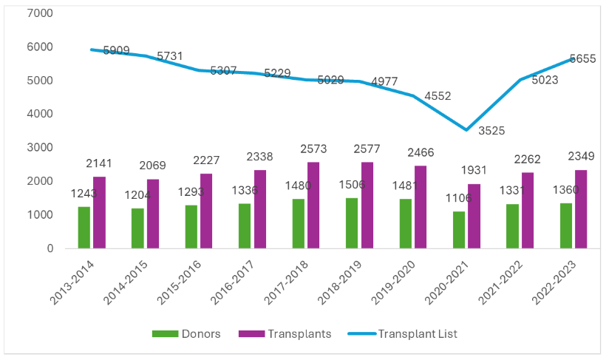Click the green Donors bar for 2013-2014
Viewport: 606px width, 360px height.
coord(84,228)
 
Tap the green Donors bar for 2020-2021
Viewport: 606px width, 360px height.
coord(458,230)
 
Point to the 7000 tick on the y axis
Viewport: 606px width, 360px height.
coord(40,13)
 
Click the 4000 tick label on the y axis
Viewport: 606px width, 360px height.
coord(40,114)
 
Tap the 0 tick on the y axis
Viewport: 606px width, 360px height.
coord(50,248)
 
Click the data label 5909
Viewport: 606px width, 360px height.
coord(116,51)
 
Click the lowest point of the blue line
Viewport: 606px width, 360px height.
coord(466,130)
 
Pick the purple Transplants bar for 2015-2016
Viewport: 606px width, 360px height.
coord(205,211)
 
